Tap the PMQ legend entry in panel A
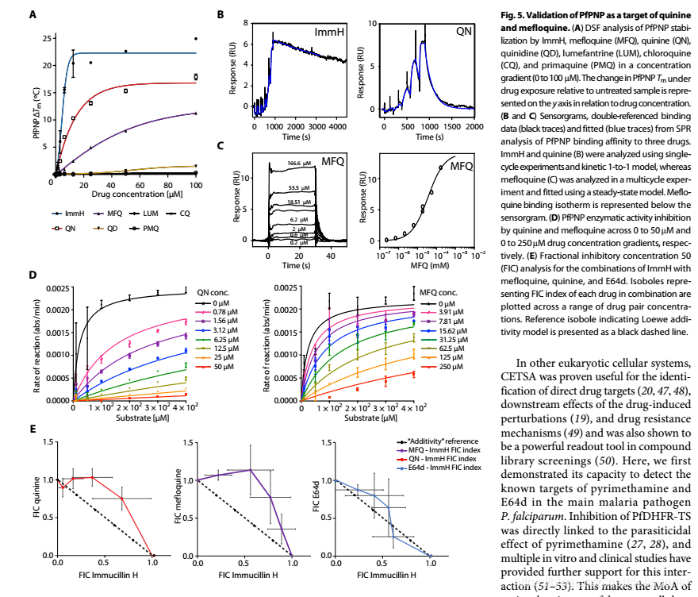151,228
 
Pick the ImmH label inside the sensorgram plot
329,32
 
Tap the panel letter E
33,429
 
